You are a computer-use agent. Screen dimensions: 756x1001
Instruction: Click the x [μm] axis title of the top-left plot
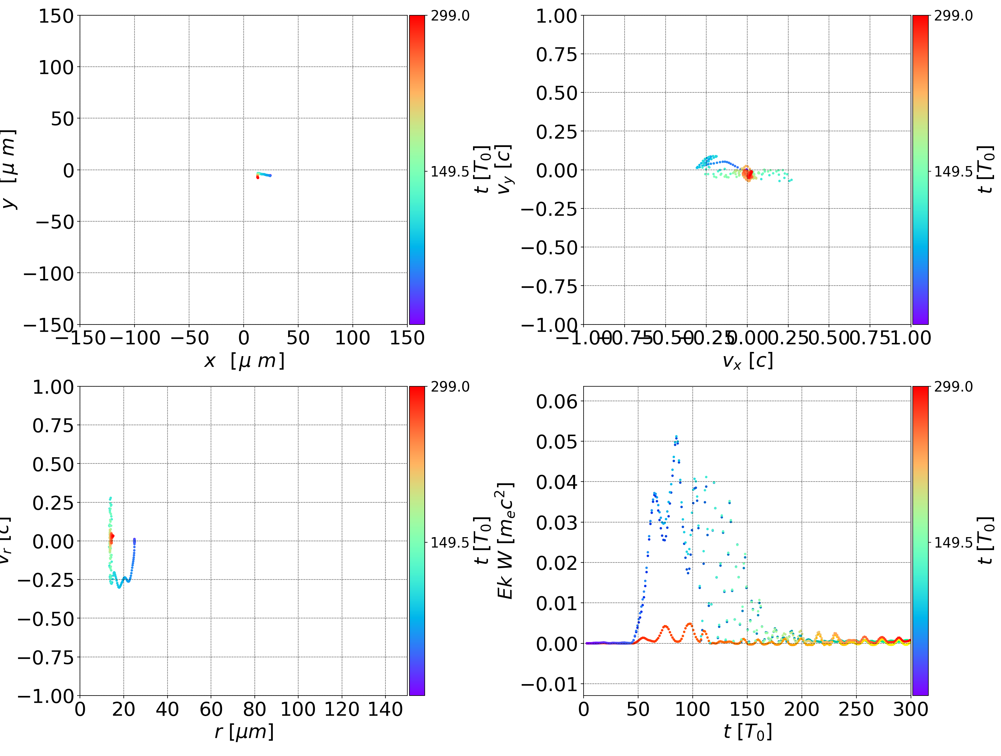(244, 361)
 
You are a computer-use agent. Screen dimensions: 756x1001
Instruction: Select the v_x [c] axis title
(747, 361)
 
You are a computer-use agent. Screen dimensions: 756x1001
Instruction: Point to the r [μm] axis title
(244, 732)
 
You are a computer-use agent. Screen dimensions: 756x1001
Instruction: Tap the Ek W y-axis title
(505, 541)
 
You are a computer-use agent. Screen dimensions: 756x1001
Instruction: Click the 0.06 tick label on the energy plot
(556, 401)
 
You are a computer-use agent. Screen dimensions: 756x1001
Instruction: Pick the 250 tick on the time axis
(856, 709)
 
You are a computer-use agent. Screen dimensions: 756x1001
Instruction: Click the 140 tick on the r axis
(385, 709)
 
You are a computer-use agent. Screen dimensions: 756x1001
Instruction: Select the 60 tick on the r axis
(211, 709)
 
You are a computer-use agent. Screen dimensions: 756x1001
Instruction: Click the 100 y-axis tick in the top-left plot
(56, 67)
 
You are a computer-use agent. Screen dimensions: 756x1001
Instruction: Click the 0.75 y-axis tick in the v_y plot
(556, 55)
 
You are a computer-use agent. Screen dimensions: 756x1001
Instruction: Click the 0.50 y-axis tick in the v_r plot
(53, 464)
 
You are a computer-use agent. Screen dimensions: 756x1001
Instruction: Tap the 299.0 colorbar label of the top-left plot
(450, 16)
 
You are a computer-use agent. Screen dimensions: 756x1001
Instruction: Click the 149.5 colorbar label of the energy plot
(953, 542)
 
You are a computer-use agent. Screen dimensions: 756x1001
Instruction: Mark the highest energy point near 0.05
(676, 437)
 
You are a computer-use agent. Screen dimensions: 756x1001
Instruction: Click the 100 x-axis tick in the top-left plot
(352, 338)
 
